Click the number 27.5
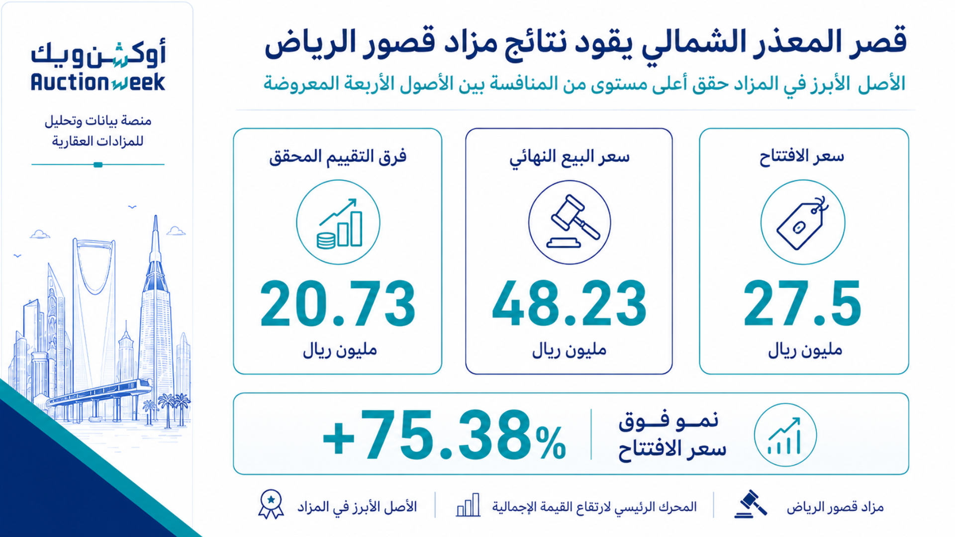(x=802, y=303)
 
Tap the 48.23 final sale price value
(x=570, y=303)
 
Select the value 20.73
(x=338, y=303)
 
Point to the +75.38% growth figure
(x=444, y=435)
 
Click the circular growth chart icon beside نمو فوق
(x=785, y=435)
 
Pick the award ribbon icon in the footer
(x=271, y=504)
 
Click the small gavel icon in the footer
(x=751, y=504)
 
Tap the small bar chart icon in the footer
(x=468, y=505)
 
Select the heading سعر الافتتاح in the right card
(x=802, y=157)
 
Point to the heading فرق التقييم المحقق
(x=338, y=157)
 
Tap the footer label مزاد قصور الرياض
(x=835, y=507)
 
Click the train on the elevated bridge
(x=99, y=393)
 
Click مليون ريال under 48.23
(x=570, y=350)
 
